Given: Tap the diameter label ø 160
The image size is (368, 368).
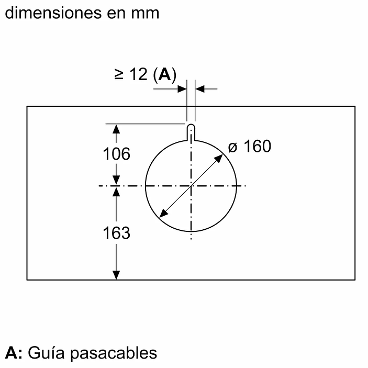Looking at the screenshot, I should tap(250, 147).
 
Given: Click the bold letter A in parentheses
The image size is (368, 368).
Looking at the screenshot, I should tap(164, 75).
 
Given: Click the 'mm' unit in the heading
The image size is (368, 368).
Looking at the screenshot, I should tap(146, 12).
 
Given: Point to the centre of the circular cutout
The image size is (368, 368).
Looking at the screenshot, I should tap(192, 185).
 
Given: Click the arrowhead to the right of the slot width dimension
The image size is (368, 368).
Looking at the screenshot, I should tap(200, 89).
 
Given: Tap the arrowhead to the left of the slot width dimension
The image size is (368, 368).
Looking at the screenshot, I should tap(183, 89).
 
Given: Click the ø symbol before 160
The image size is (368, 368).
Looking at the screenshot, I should tap(233, 147).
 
